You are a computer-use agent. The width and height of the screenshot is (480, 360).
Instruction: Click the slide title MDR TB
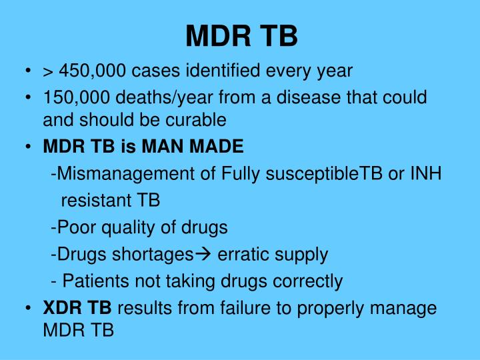coord(241,36)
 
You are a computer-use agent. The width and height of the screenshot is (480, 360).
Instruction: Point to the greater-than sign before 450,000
coord(49,71)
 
